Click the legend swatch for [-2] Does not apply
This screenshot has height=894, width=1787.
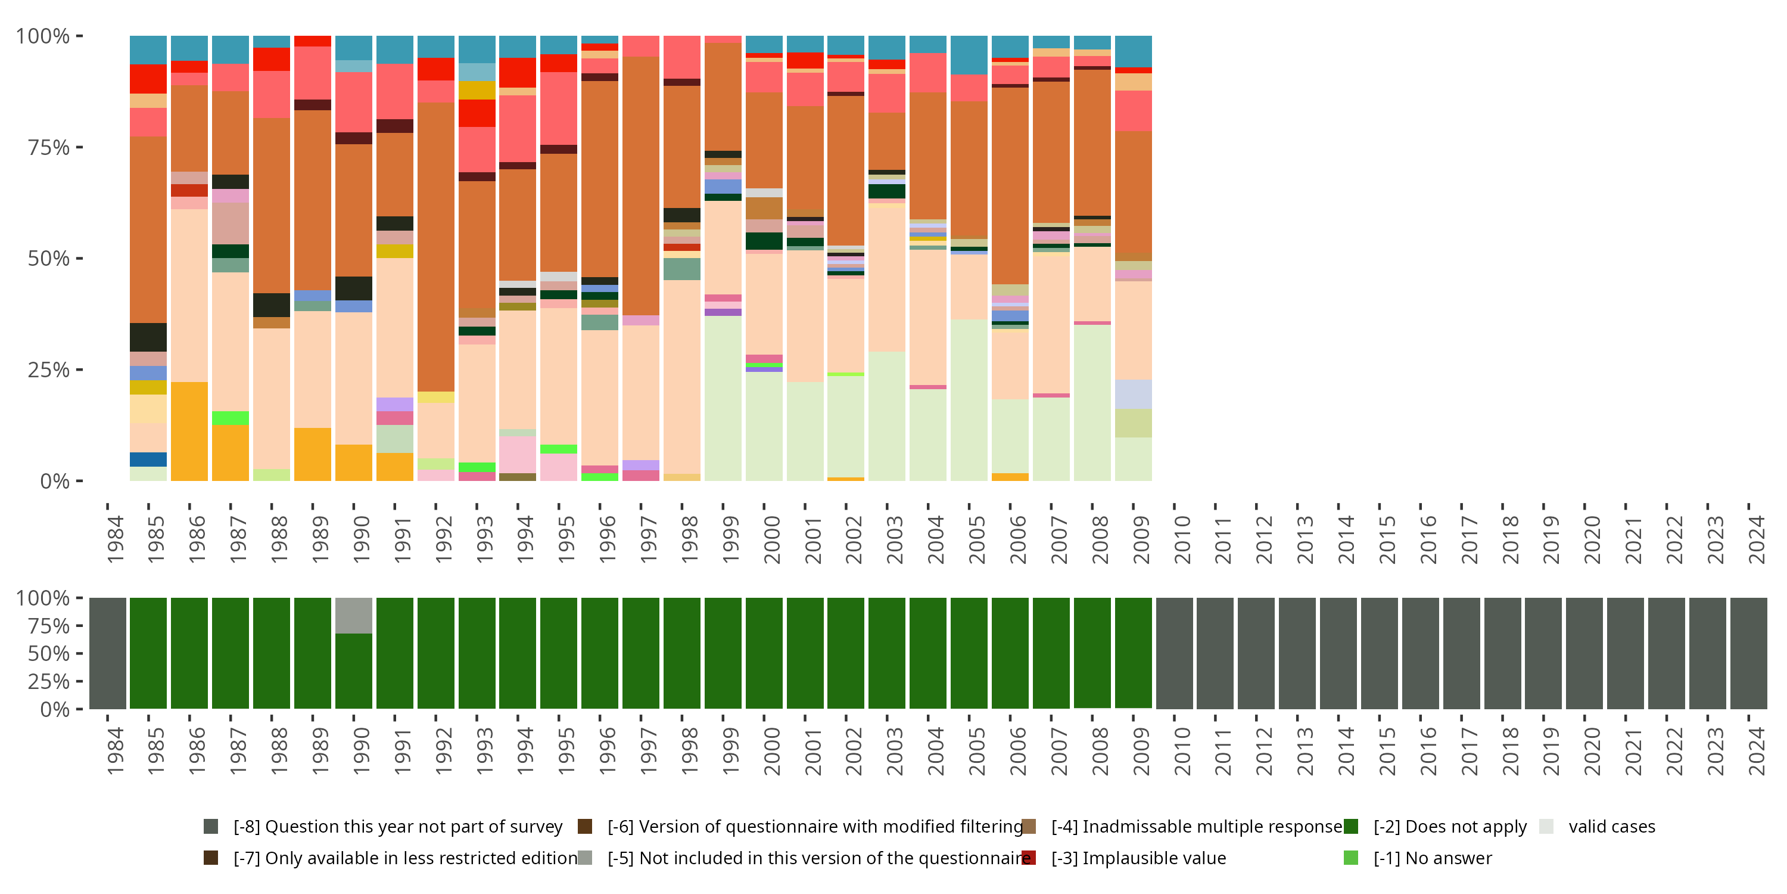pos(1350,826)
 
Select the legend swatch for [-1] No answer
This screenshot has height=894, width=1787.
pos(1350,858)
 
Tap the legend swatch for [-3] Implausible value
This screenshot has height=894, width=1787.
pos(1029,858)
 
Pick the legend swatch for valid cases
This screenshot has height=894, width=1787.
pos(1546,826)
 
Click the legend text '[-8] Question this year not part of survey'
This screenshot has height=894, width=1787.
pos(397,826)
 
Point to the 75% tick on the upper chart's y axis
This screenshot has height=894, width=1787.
pos(79,147)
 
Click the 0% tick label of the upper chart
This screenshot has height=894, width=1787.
pos(55,481)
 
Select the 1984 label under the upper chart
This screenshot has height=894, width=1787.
pos(115,539)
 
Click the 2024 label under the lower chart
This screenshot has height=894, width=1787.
pos(1757,751)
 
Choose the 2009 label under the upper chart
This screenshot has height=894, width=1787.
pos(1141,539)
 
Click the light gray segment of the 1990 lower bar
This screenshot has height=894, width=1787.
pos(354,615)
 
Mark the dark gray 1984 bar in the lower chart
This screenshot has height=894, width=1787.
pos(108,653)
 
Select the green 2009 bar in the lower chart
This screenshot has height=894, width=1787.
pos(1134,653)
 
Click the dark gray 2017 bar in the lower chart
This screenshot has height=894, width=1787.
pos(1462,653)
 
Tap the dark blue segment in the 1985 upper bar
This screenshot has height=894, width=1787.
pos(148,460)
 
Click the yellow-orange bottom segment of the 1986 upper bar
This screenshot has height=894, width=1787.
pos(189,431)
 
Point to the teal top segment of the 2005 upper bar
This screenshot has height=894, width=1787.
pos(969,55)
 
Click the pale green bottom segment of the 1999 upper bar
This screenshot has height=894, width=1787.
pos(723,398)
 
